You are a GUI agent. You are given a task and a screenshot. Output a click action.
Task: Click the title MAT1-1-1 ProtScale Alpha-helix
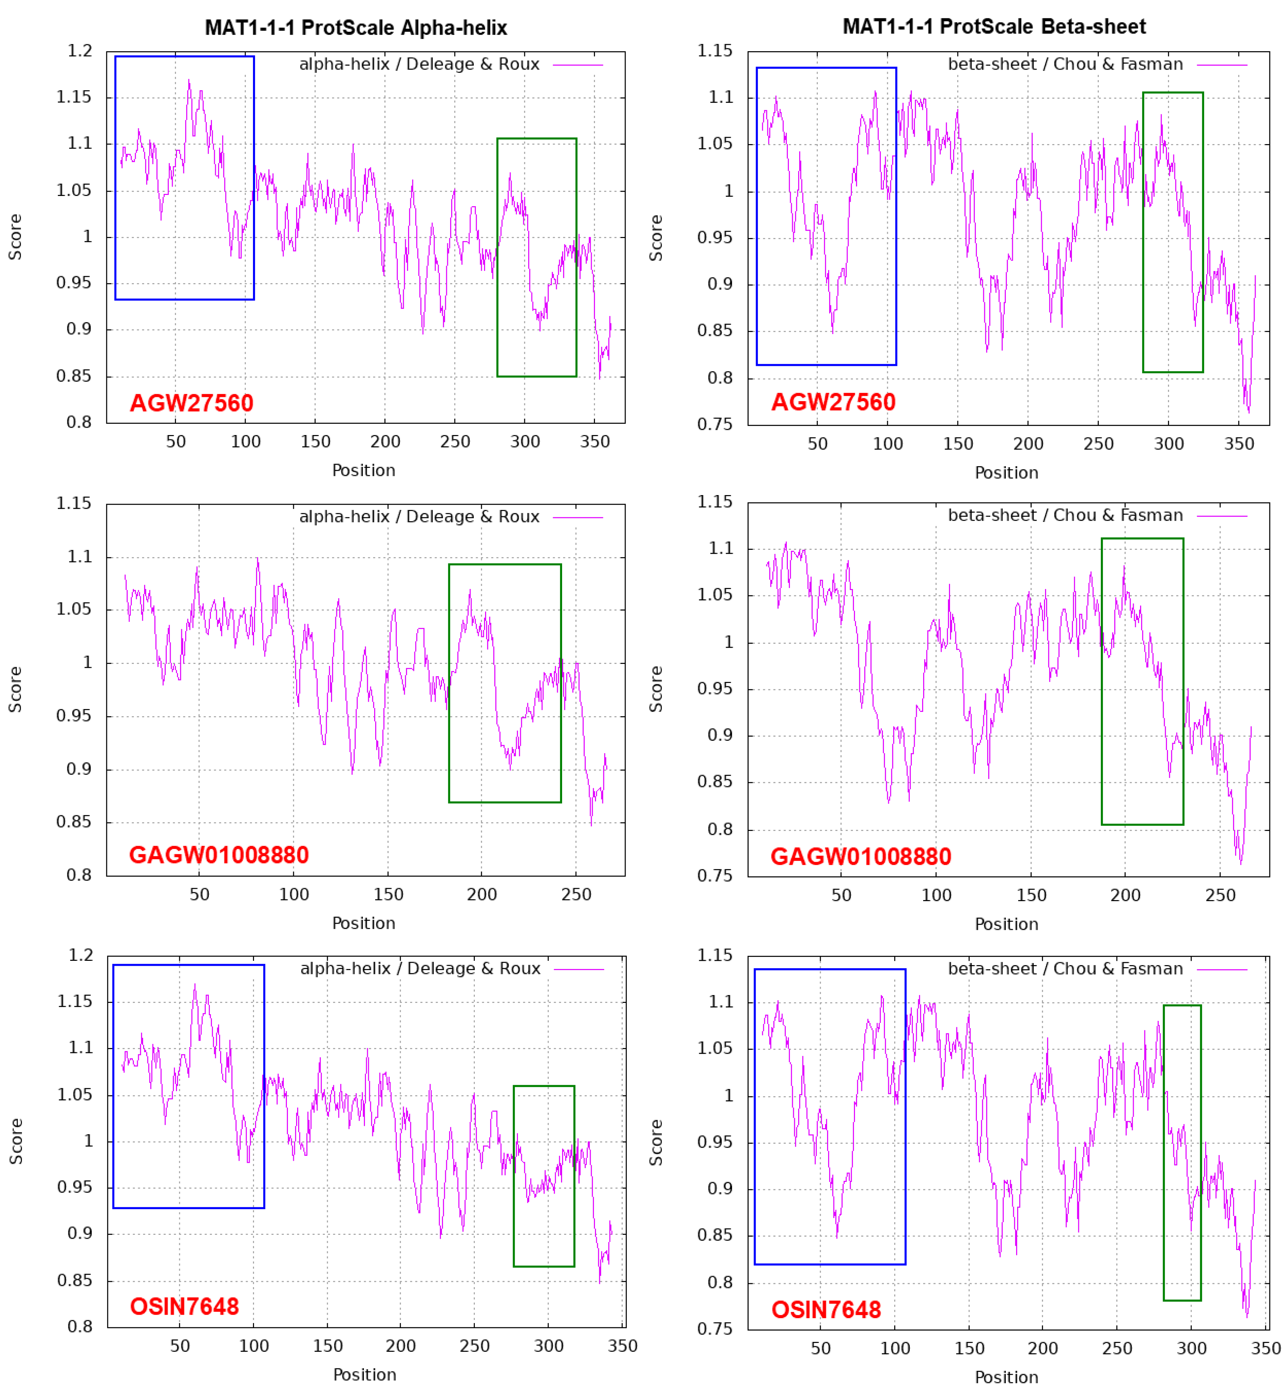point(356,28)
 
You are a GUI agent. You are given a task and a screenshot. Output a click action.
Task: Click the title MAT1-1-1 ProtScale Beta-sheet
point(994,26)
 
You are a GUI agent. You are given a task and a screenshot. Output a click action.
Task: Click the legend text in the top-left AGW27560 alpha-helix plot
point(419,64)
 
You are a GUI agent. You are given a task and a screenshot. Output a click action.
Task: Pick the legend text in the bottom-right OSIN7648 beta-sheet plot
point(1065,968)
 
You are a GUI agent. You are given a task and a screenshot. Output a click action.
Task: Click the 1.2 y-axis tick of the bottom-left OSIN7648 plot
point(80,955)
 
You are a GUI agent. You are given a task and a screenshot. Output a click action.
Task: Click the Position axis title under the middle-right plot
point(1006,924)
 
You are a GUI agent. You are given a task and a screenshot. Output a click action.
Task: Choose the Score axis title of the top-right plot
point(655,238)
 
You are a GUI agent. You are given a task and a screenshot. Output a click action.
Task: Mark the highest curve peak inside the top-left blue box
point(188,80)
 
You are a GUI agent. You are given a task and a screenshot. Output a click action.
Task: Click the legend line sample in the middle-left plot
point(578,517)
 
